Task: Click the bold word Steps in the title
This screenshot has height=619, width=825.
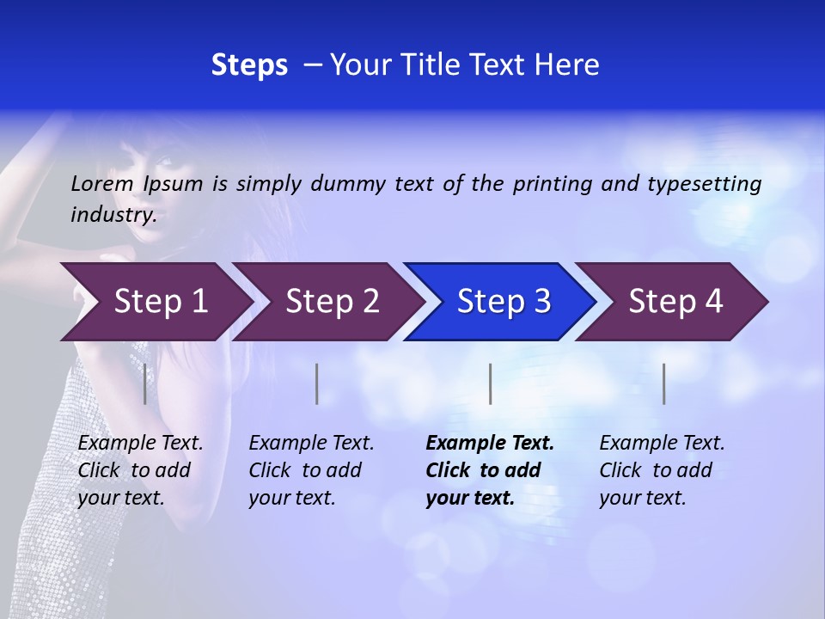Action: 249,65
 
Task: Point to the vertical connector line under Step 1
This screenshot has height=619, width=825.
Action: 144,383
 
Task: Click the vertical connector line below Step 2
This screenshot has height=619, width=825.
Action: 317,383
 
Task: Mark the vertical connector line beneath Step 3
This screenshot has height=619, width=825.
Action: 490,383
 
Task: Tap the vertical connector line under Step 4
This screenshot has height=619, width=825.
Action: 663,383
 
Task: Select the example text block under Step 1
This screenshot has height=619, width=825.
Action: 140,470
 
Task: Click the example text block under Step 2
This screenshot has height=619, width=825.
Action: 311,470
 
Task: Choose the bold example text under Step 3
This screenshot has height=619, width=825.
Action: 490,470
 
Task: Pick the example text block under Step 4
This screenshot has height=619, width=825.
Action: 662,470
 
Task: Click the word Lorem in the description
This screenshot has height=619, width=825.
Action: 101,184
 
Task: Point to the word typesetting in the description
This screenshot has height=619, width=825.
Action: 704,184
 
